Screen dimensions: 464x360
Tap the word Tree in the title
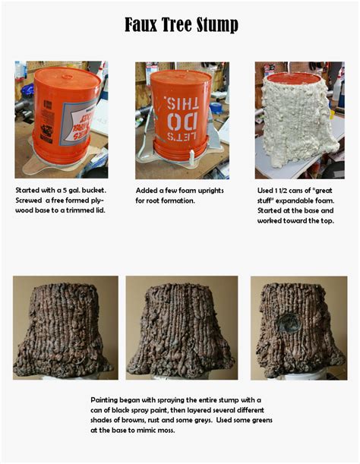click(175, 25)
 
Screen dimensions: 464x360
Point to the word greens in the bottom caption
click(258, 420)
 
